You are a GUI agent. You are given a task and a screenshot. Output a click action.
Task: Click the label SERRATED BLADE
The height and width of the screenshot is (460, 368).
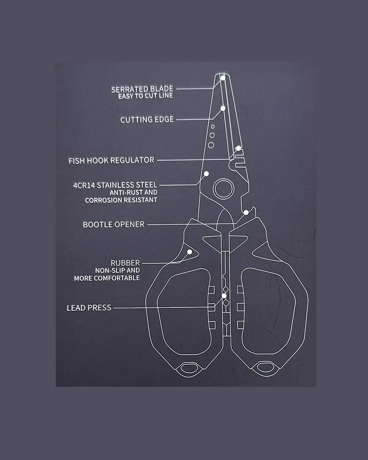(x=142, y=89)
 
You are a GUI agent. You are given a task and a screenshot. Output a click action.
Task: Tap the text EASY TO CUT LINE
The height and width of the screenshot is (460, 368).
(x=146, y=96)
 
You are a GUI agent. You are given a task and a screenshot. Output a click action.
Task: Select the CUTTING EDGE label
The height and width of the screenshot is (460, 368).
(x=147, y=120)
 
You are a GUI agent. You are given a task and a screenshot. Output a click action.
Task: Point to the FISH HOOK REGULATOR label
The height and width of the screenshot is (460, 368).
(x=111, y=160)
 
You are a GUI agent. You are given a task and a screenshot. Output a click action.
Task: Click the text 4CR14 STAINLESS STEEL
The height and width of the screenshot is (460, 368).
(x=115, y=185)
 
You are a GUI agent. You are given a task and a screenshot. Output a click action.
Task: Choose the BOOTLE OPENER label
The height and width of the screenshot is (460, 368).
(x=114, y=225)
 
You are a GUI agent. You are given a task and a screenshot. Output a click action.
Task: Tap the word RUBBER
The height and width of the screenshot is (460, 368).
(x=125, y=263)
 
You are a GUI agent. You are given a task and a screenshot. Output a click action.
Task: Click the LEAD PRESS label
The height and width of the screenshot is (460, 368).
(x=89, y=308)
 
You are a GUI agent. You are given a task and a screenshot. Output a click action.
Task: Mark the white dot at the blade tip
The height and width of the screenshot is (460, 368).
(x=223, y=78)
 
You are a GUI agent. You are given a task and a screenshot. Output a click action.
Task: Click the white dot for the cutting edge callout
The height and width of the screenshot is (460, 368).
(x=223, y=108)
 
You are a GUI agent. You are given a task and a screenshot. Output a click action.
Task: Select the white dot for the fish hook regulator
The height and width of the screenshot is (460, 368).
(x=238, y=148)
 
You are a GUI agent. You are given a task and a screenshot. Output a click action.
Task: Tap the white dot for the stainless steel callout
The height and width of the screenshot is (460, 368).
(x=206, y=174)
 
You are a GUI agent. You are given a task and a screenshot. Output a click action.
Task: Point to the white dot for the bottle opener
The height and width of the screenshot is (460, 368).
(x=246, y=213)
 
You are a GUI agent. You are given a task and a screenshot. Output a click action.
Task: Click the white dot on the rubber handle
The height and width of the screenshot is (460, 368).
(x=190, y=252)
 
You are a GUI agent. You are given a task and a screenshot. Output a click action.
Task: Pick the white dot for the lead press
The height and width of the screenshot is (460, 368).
(x=224, y=296)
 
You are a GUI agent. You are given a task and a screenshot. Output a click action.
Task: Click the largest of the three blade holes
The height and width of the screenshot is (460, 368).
(x=211, y=145)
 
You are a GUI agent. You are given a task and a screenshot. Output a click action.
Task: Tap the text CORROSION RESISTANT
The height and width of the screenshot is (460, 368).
(x=121, y=200)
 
